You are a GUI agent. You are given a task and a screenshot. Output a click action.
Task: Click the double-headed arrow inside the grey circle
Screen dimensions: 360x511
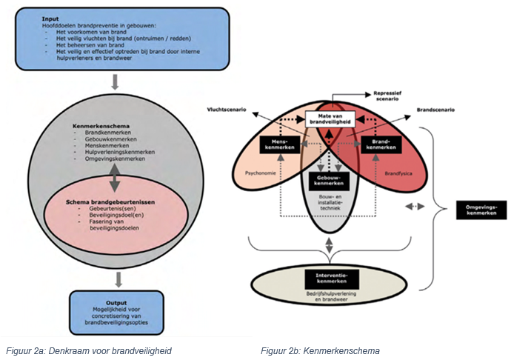(x=115, y=179)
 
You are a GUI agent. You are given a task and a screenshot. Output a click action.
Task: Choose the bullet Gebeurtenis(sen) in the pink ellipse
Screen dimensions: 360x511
(x=104, y=210)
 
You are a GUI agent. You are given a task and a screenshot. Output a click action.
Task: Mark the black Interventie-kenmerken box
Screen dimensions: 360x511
(x=330, y=279)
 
